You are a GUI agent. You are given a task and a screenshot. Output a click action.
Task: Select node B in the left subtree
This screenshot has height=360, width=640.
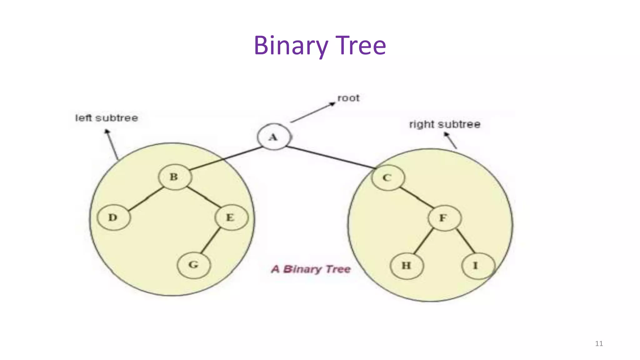(x=175, y=177)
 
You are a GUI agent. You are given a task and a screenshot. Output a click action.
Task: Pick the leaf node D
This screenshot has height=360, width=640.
(x=113, y=217)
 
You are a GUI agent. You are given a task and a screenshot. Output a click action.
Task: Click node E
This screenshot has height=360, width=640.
(x=231, y=217)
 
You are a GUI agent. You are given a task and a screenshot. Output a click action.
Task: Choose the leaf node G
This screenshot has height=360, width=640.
(x=194, y=265)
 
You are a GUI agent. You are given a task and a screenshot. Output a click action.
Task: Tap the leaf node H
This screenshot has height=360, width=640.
(x=407, y=266)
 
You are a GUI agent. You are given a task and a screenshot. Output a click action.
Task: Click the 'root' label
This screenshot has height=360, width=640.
(x=348, y=98)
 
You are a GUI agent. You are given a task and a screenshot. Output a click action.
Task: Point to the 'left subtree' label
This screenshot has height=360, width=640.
(x=107, y=118)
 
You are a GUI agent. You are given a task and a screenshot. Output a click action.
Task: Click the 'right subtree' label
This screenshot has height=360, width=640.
(x=445, y=124)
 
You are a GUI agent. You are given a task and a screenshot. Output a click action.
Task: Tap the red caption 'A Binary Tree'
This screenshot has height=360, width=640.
(x=311, y=269)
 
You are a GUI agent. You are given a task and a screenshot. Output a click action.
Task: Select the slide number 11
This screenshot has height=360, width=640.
(x=599, y=343)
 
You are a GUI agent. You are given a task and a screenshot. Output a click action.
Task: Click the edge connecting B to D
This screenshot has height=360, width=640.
(x=146, y=199)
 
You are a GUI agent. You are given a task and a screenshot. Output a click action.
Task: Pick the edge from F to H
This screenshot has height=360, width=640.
(x=423, y=241)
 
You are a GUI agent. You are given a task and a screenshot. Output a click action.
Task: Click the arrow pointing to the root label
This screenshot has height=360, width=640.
(x=312, y=112)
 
